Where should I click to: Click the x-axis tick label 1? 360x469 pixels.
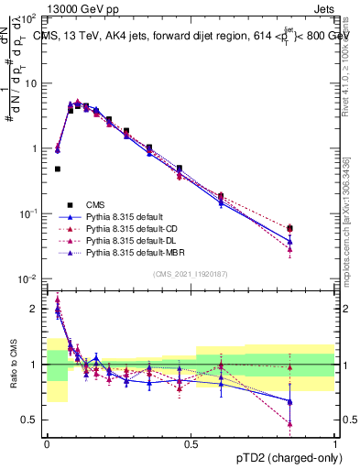tap(335, 442)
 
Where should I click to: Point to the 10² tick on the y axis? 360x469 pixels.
tap(28, 18)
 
